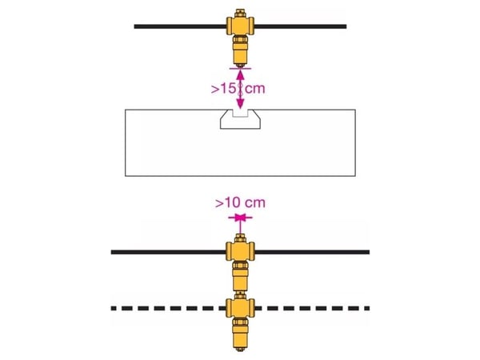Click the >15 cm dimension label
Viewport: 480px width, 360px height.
238,89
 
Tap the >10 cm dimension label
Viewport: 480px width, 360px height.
240,203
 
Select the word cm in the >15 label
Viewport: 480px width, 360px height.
255,89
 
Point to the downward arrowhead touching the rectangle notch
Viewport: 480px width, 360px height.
240,105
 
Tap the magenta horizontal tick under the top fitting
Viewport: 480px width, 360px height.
240,69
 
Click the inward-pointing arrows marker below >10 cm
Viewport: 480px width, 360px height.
240,218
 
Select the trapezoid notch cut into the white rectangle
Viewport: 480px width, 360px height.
240,120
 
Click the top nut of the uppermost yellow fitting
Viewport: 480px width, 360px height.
240,13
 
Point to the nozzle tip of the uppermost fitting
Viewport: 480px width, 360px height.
240,65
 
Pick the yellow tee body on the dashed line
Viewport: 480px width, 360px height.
240,308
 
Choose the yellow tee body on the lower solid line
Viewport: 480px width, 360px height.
240,252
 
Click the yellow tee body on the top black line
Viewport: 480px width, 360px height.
240,26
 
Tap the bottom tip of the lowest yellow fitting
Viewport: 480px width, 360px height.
240,348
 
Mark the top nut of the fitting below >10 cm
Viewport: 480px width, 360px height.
240,238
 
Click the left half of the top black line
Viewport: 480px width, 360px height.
180,26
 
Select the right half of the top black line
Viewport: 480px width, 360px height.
300,26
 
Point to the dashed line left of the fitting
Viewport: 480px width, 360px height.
168,308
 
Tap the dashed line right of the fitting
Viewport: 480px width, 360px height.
312,308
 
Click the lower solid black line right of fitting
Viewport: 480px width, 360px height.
312,252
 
